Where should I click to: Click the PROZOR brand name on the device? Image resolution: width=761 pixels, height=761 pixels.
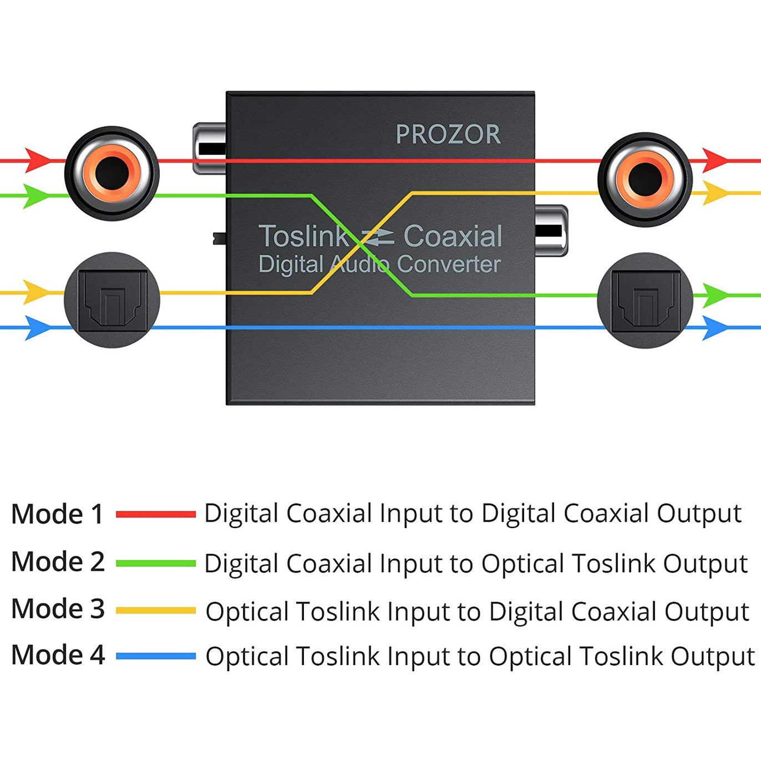pos(448,134)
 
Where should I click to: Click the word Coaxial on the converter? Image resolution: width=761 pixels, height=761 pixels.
pos(453,236)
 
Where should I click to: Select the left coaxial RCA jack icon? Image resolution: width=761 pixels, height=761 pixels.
pos(112,173)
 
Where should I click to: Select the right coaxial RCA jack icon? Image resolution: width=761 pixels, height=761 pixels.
pos(645,179)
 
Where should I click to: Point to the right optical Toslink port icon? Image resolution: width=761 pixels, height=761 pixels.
pos(645,301)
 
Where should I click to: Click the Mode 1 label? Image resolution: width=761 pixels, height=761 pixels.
pos(57,514)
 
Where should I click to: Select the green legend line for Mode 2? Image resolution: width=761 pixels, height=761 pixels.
pos(156,563)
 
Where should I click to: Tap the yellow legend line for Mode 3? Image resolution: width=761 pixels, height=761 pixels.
pos(156,610)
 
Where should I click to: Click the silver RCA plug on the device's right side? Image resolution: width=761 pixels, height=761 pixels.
pos(551,231)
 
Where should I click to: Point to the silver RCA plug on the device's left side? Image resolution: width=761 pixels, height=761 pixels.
pos(210,149)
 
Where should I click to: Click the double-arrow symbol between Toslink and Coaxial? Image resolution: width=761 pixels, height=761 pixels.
pos(377,237)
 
